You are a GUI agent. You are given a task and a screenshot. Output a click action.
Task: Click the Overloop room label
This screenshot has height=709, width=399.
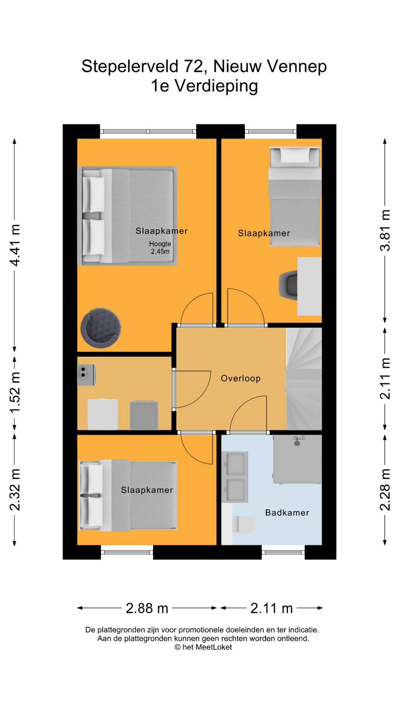tap(241, 379)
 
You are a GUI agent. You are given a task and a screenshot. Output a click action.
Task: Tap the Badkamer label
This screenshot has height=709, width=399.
tap(287, 513)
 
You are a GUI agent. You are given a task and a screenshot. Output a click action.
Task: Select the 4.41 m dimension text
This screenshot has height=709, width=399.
tap(15, 245)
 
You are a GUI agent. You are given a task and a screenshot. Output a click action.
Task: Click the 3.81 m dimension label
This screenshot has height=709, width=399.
tap(385, 230)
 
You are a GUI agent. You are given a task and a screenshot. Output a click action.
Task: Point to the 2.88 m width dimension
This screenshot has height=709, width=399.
tap(147, 608)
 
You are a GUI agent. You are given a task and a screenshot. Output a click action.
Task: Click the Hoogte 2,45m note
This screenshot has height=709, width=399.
tap(160, 248)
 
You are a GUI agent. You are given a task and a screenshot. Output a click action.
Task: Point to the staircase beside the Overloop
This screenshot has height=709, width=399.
tap(304, 379)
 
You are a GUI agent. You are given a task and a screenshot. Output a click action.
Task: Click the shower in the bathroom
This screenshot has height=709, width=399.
tap(297, 459)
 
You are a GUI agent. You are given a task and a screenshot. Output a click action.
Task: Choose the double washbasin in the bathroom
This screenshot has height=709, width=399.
tap(235, 477)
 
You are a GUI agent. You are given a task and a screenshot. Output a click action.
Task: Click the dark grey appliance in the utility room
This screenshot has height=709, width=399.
tap(144, 415)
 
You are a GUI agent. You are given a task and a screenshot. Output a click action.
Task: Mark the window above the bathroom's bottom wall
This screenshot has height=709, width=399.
tap(283, 552)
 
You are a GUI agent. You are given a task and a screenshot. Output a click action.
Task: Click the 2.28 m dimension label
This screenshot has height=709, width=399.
tap(385, 490)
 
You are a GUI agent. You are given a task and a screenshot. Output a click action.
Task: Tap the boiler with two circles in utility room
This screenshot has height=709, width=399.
tap(86, 375)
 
